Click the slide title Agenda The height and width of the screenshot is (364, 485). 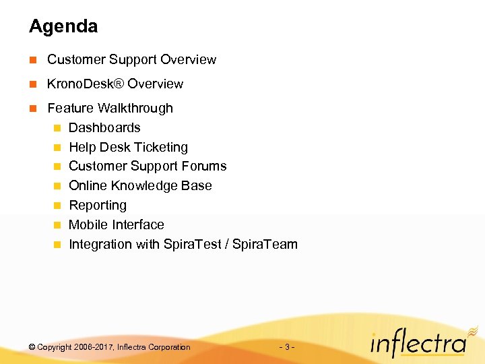click(63, 27)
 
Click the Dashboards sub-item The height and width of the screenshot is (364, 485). click(104, 128)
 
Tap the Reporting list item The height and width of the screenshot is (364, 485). click(98, 206)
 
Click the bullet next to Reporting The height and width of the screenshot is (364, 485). click(58, 206)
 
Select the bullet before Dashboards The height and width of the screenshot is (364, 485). click(58, 128)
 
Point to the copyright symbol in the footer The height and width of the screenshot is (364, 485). click(32, 347)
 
